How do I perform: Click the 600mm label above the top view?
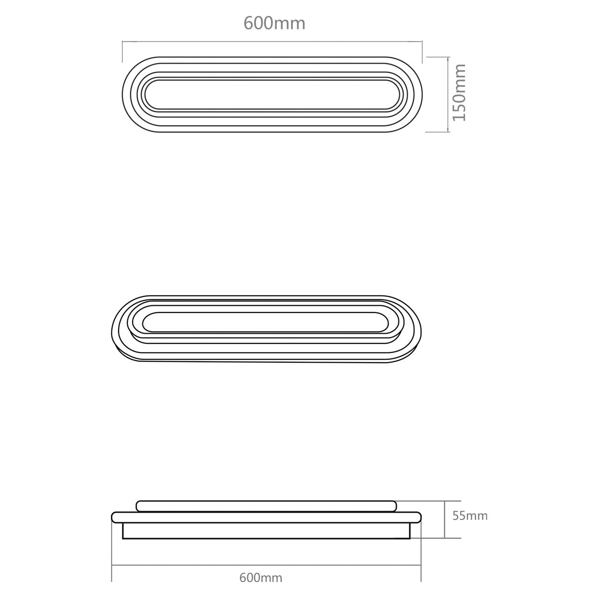tap(274, 23)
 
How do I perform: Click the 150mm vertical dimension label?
tap(459, 92)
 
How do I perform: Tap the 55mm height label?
tap(470, 516)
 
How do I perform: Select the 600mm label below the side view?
tap(261, 577)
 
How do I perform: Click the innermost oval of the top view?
tap(272, 95)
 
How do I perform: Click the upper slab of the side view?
tap(266, 506)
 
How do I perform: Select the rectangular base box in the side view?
tap(266, 530)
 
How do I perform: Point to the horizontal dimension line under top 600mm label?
tap(272, 42)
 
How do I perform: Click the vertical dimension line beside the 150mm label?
tap(448, 94)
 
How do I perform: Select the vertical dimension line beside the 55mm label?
tap(444, 519)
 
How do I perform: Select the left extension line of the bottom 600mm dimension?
tap(112, 555)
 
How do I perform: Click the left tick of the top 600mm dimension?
tap(123, 48)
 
